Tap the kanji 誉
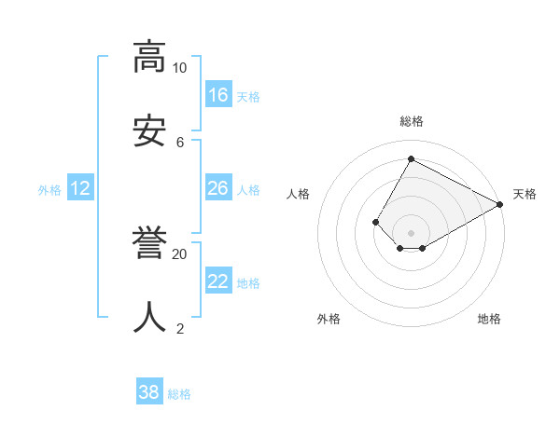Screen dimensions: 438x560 149,242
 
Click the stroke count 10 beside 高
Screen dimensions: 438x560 179,68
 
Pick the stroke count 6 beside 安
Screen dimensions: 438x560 180,142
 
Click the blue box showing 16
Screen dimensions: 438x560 218,95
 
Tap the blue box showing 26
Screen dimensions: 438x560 218,188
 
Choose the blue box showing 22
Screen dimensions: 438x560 218,281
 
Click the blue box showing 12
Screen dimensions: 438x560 80,188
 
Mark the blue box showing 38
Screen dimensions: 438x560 149,392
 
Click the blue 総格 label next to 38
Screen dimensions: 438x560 179,394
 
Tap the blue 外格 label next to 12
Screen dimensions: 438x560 49,190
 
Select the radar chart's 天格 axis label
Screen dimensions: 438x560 525,194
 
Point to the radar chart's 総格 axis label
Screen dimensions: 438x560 411,121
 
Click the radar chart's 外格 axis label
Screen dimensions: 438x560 329,319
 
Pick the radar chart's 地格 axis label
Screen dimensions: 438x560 489,319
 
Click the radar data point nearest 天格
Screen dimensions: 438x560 499,205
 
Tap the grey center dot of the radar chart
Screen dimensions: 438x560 411,233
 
